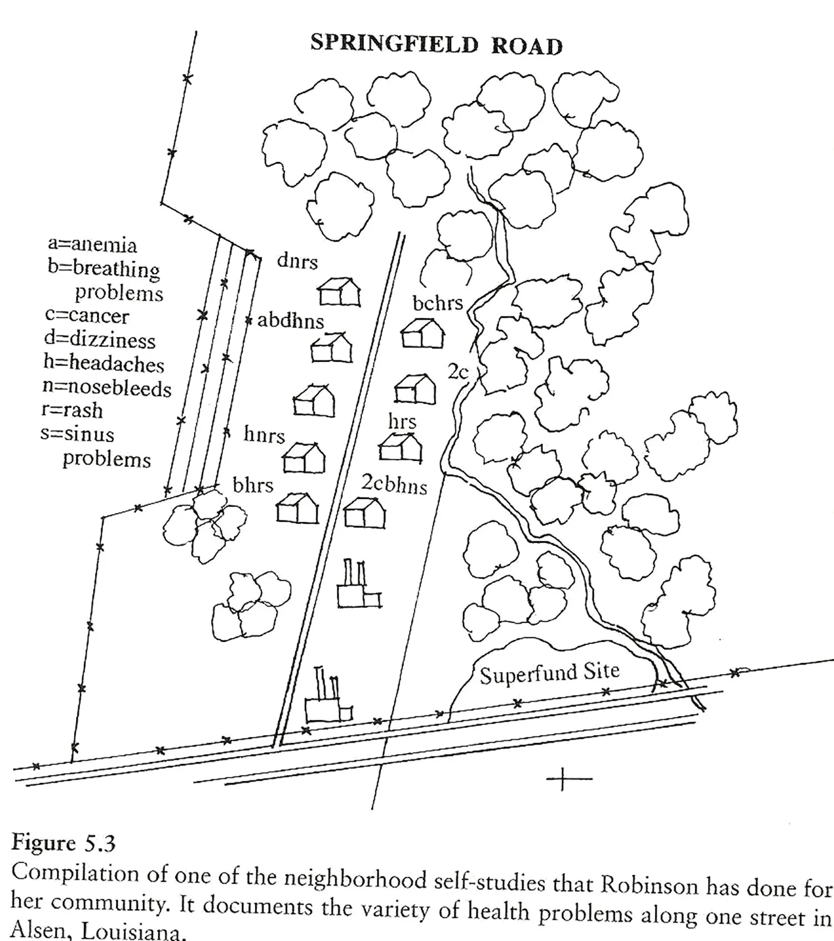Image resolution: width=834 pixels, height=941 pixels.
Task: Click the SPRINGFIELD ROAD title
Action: [x=436, y=44]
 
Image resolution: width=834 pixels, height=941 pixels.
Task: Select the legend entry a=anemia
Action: [x=92, y=245]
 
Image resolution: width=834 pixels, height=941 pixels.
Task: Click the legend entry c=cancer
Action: [x=87, y=316]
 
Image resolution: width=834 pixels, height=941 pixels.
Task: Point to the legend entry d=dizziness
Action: [x=100, y=339]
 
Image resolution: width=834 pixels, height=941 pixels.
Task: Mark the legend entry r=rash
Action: [x=72, y=410]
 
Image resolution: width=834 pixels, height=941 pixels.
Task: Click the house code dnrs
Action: [x=297, y=261]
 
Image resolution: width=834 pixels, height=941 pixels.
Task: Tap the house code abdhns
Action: [x=290, y=321]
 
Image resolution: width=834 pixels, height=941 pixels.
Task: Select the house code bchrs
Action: [x=438, y=303]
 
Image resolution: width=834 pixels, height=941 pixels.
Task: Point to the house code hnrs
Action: [x=264, y=434]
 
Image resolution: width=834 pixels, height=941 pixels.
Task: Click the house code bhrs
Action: [x=253, y=486]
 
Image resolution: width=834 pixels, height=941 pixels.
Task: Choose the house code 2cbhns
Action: [x=394, y=484]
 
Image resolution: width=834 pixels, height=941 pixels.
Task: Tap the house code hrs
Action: [x=402, y=422]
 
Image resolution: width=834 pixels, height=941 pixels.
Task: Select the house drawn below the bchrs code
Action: [x=423, y=334]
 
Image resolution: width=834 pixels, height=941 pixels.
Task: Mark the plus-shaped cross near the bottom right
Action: [x=562, y=779]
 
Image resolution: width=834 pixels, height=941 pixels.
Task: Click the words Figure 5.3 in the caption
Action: [x=63, y=843]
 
